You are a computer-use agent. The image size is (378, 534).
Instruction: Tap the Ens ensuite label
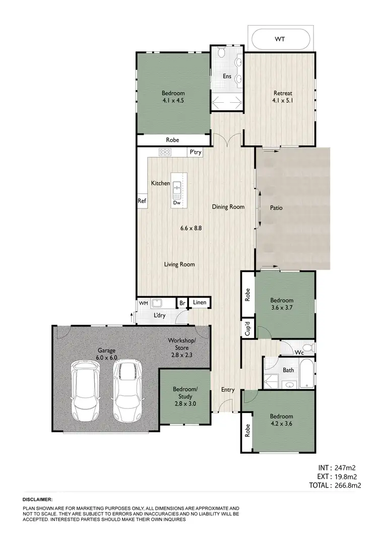[x=227, y=76]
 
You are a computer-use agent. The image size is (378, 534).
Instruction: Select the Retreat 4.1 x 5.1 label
[x=283, y=97]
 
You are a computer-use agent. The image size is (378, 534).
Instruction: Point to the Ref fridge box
[x=142, y=201]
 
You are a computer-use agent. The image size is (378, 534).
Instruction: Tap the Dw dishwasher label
[x=176, y=203]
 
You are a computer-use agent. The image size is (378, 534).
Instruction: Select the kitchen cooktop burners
[x=165, y=152]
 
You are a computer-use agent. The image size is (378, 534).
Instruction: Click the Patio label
[x=276, y=207]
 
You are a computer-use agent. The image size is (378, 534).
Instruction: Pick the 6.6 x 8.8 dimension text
[x=192, y=228]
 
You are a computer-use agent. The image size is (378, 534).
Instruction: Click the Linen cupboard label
[x=200, y=303]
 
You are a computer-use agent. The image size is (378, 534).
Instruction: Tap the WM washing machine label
[x=143, y=303]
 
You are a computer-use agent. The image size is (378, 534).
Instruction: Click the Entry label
[x=228, y=389]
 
